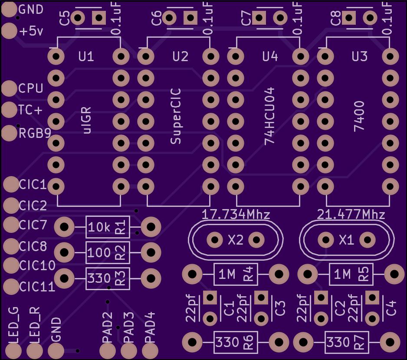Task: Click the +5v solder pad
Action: click(x=9, y=31)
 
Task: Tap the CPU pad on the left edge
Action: click(x=9, y=88)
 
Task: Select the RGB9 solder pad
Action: click(x=9, y=133)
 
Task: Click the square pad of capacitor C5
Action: click(x=99, y=18)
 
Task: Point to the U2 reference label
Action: click(x=180, y=56)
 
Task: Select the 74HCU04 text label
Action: click(x=269, y=116)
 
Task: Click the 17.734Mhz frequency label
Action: click(x=236, y=214)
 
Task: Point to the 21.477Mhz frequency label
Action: click(x=351, y=214)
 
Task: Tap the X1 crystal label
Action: click(x=346, y=240)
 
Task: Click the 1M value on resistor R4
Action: click(x=227, y=274)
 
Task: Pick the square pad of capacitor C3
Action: click(x=261, y=298)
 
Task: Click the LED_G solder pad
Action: click(x=13, y=350)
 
